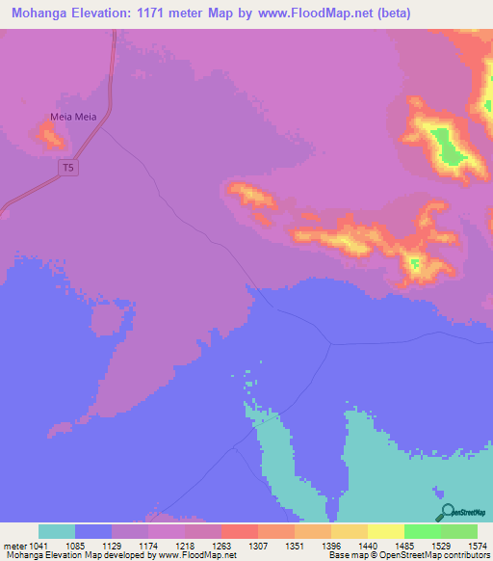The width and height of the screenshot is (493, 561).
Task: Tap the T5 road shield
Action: click(x=67, y=168)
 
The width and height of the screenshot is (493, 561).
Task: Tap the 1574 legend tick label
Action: click(x=466, y=545)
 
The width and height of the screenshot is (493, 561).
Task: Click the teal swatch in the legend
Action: click(x=57, y=531)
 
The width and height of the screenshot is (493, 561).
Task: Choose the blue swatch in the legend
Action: click(x=93, y=531)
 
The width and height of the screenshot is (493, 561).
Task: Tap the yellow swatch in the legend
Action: click(x=386, y=531)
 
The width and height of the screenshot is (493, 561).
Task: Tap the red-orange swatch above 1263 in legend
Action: click(x=240, y=531)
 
